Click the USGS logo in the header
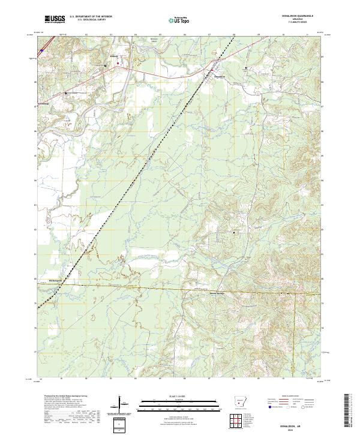pos(55,19)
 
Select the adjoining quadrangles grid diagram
pos(239,421)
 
